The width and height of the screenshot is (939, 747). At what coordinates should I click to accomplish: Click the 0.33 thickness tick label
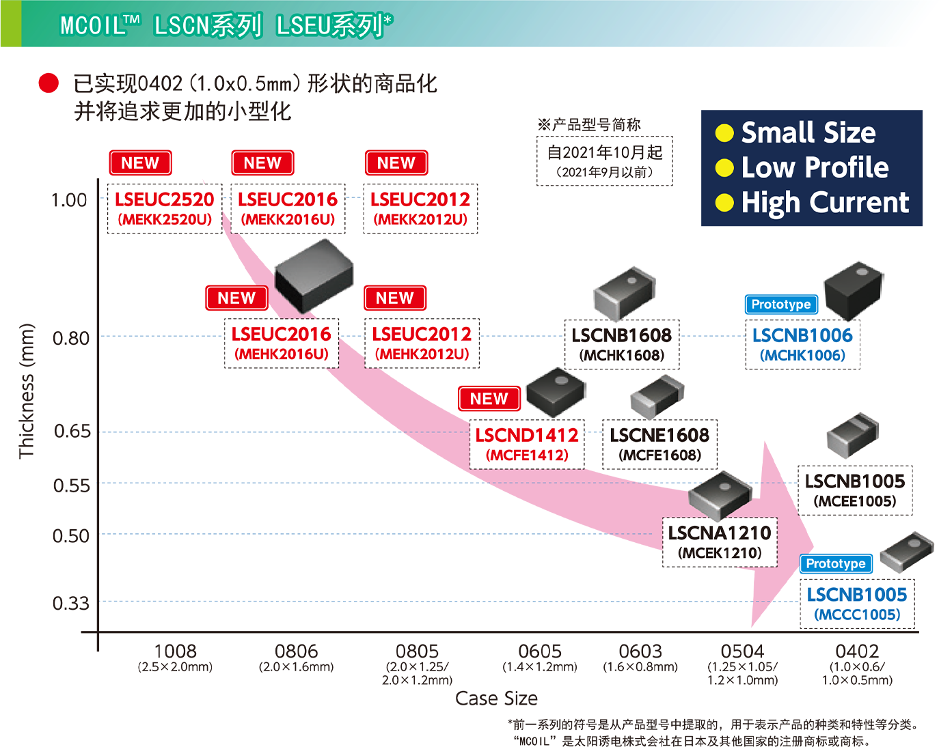tap(70, 603)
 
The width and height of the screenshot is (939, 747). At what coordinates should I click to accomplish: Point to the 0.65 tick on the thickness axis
tap(72, 432)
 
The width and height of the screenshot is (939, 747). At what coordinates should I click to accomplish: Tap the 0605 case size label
tap(540, 651)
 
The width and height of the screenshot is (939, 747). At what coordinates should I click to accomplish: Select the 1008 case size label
tap(176, 651)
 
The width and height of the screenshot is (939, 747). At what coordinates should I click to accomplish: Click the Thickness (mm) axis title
tap(26, 391)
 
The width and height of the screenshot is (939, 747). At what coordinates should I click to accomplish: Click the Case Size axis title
tap(496, 699)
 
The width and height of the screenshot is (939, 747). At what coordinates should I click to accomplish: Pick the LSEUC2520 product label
tap(165, 199)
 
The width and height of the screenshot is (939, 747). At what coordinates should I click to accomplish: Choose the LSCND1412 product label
tap(527, 435)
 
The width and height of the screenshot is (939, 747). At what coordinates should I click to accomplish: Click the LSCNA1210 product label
tap(720, 533)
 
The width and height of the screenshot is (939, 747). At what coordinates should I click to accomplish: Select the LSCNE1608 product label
tap(659, 435)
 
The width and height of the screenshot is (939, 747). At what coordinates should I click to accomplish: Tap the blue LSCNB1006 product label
tap(802, 335)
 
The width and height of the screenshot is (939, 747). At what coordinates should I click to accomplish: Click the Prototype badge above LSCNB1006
tap(781, 305)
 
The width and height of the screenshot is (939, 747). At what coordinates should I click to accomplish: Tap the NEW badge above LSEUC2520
tap(140, 163)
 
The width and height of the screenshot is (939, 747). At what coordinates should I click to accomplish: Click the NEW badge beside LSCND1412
tap(489, 399)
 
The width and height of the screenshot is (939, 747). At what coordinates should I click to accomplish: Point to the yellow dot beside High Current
tap(724, 203)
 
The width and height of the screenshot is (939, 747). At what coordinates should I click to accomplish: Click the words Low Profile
tap(815, 167)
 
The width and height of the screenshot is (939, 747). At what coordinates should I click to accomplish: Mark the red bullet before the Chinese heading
tap(49, 83)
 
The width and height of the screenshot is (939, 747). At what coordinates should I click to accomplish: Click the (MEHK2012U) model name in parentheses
tap(422, 354)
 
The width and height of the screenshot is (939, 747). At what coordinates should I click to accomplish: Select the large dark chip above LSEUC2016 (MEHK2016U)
tap(314, 276)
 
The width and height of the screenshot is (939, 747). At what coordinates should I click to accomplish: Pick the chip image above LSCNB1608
tap(624, 294)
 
